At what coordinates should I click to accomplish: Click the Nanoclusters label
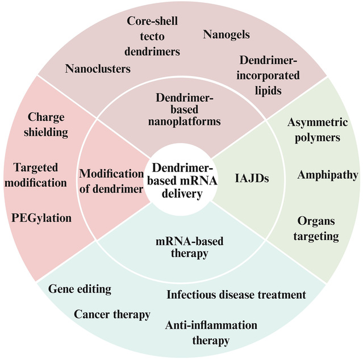click(98, 69)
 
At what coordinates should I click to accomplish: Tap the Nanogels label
click(226, 35)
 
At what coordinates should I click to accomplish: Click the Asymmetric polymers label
click(314, 129)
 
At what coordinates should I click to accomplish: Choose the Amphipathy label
click(327, 175)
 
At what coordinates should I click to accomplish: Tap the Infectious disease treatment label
click(236, 295)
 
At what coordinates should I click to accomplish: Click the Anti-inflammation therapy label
click(211, 333)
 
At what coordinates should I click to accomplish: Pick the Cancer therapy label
click(112, 314)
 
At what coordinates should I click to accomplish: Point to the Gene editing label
click(79, 289)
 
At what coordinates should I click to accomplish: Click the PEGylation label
click(41, 218)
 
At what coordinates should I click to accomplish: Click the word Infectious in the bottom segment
click(190, 295)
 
